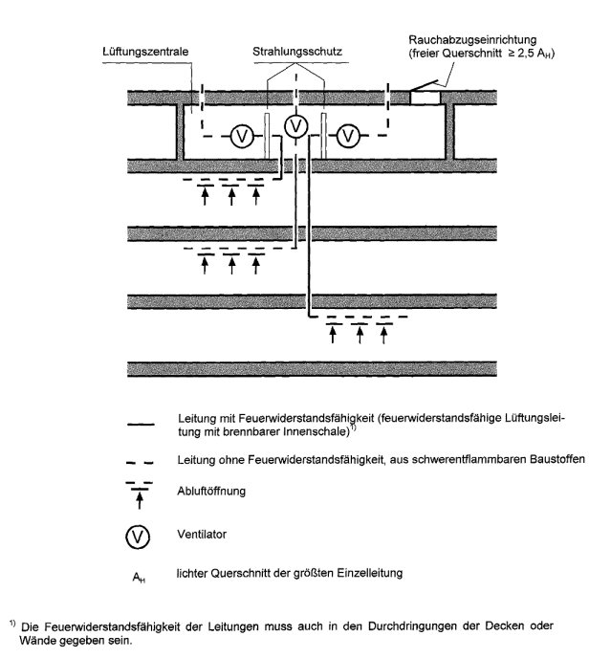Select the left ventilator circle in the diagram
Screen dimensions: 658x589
242,136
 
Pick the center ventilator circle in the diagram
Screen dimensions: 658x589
297,125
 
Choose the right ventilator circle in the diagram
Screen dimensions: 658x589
348,136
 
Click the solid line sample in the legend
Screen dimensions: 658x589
140,421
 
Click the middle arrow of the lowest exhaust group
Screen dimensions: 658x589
359,336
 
